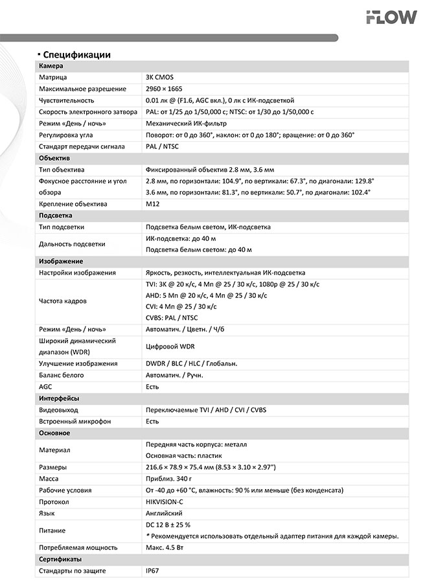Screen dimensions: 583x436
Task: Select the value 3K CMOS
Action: click(160, 77)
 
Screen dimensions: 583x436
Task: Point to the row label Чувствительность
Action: click(67, 100)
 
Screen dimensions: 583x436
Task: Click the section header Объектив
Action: click(54, 158)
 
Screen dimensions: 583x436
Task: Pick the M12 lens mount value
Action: click(152, 204)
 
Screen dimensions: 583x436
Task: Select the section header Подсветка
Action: click(56, 215)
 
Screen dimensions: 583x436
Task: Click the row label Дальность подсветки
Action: click(72, 244)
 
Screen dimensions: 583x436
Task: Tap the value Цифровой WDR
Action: click(170, 347)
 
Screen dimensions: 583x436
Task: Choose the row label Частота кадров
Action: click(63, 301)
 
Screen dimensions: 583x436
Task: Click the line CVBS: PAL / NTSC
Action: click(172, 318)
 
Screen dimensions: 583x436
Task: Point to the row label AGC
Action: click(45, 387)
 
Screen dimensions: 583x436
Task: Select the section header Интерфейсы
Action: click(59, 398)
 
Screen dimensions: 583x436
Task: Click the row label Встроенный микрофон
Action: click(75, 422)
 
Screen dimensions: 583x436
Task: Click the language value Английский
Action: click(164, 514)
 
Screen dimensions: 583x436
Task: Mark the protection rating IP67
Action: click(152, 571)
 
